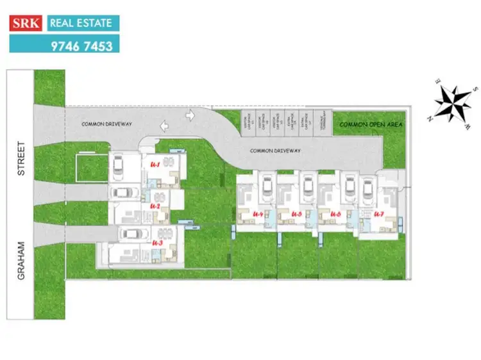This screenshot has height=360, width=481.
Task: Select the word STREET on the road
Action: (21, 159)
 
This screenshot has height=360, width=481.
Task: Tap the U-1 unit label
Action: (155, 165)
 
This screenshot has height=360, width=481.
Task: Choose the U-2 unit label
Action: (155, 206)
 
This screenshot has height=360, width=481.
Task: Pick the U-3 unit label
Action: (158, 243)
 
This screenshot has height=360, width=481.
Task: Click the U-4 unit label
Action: (258, 213)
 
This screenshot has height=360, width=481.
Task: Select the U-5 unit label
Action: (296, 213)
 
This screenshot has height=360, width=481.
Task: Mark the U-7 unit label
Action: (378, 213)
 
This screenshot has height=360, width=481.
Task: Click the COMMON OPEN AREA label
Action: (371, 124)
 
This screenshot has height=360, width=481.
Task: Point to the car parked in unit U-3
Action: (131, 234)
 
